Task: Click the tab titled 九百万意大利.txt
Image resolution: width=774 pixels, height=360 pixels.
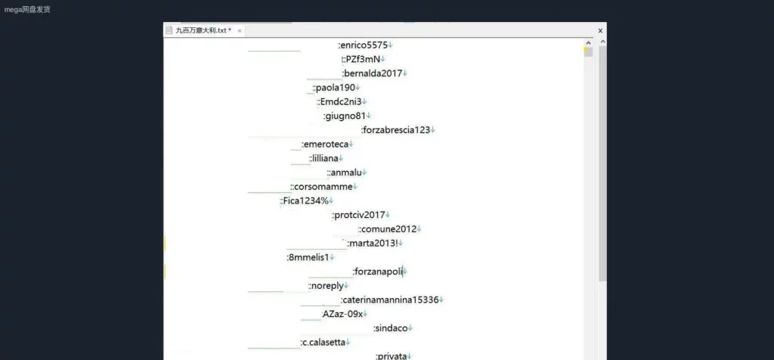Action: click(x=203, y=30)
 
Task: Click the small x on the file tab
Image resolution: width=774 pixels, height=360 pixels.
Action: click(x=240, y=31)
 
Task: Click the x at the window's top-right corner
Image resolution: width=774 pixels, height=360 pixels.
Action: click(x=600, y=31)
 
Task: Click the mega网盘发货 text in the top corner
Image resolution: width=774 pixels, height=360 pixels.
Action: click(x=28, y=9)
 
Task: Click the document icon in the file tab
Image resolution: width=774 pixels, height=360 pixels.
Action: click(x=169, y=30)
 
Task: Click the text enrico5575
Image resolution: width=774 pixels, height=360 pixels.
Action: click(x=364, y=45)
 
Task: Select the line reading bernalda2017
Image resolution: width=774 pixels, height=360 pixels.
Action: click(x=373, y=73)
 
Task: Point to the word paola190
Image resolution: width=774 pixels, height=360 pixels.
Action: click(x=335, y=88)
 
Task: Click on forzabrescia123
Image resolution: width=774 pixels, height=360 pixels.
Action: click(x=396, y=130)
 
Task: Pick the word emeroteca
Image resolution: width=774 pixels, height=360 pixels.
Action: click(x=326, y=144)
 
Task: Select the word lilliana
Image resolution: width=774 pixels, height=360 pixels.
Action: click(x=325, y=158)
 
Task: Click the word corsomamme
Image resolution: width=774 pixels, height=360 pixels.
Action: click(x=324, y=186)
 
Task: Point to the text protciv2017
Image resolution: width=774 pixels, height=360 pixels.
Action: click(x=359, y=215)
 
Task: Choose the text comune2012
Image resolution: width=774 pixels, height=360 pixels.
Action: click(x=389, y=229)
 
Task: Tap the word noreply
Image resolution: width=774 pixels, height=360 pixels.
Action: click(x=328, y=286)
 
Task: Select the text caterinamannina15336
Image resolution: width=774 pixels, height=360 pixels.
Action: click(x=391, y=299)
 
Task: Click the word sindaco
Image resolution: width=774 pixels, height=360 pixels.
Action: click(x=391, y=328)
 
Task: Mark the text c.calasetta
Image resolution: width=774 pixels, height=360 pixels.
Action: click(x=324, y=343)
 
